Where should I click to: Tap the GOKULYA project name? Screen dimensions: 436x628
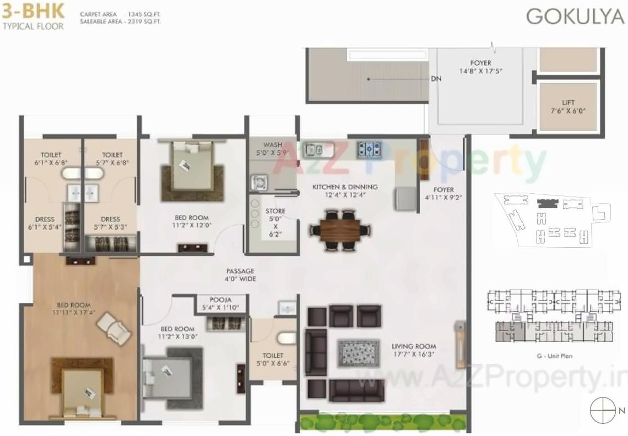(x=575, y=17)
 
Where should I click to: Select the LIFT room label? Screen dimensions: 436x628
(x=568, y=103)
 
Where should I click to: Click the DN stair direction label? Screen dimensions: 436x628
(x=436, y=79)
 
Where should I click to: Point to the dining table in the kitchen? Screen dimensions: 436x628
(x=339, y=229)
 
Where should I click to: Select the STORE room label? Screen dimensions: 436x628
(x=275, y=211)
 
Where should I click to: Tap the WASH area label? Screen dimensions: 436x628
(x=273, y=145)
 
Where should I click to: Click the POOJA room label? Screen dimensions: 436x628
(x=221, y=299)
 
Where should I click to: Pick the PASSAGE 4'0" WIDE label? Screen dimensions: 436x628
(x=240, y=275)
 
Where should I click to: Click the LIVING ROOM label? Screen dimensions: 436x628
(x=413, y=346)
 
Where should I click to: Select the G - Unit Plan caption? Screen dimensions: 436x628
(x=554, y=356)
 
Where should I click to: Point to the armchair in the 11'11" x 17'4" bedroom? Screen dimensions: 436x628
(x=115, y=327)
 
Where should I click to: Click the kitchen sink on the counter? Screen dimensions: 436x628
(x=315, y=148)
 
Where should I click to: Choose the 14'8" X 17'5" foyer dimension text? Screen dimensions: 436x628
(x=481, y=71)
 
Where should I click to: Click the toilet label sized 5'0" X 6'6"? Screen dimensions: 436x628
(x=273, y=356)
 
